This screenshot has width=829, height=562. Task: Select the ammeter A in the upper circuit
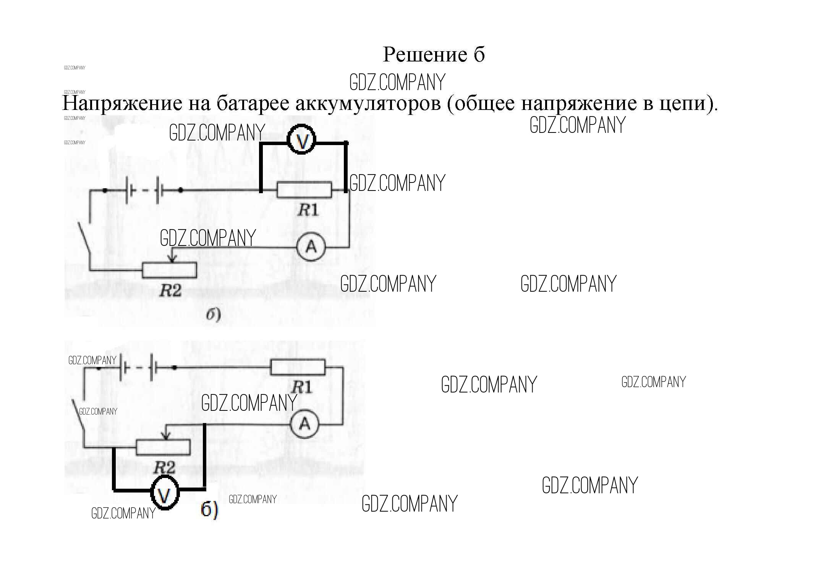311,247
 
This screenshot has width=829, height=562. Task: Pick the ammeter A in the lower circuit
304,423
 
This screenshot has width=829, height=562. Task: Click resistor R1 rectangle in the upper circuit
304,190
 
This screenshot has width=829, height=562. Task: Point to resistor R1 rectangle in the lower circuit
298,367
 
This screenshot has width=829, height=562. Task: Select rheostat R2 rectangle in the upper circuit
169,270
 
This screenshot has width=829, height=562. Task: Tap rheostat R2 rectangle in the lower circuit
163,447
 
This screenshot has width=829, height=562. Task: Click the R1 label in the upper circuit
308,210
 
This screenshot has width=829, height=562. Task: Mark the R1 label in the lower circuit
301,388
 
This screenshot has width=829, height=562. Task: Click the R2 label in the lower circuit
164,468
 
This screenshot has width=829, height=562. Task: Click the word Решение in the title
425,55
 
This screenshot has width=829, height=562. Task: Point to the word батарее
254,103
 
